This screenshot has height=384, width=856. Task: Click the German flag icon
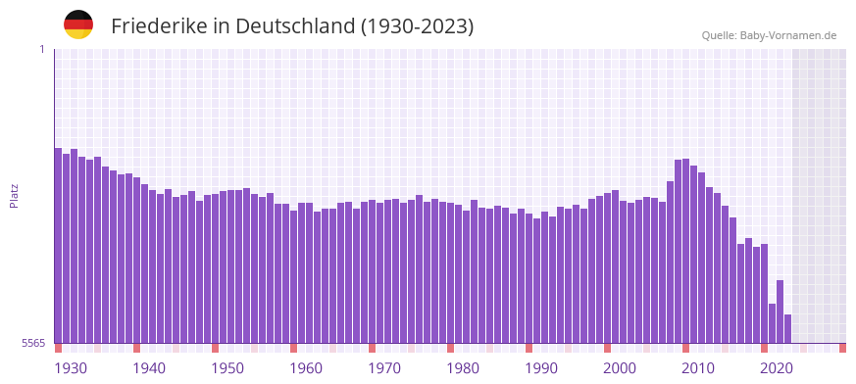click(78, 24)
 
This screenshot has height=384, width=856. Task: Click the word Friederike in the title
click(159, 26)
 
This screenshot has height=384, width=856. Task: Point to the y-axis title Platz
click(14, 196)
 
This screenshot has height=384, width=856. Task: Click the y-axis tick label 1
click(41, 49)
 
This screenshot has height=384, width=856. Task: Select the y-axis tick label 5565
click(33, 343)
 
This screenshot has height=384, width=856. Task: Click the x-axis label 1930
click(71, 368)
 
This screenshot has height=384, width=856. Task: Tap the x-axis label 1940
click(149, 368)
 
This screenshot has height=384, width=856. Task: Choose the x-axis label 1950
click(227, 368)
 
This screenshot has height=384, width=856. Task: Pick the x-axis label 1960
click(306, 368)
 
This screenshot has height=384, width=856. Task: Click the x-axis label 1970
click(384, 368)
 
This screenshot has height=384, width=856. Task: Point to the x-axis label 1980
click(463, 368)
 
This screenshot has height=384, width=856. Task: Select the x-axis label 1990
click(541, 368)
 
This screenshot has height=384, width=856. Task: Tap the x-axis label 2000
click(620, 368)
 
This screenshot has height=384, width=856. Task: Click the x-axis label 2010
click(698, 368)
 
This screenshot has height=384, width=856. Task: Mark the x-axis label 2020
click(777, 368)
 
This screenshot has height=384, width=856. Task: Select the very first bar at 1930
click(58, 245)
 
